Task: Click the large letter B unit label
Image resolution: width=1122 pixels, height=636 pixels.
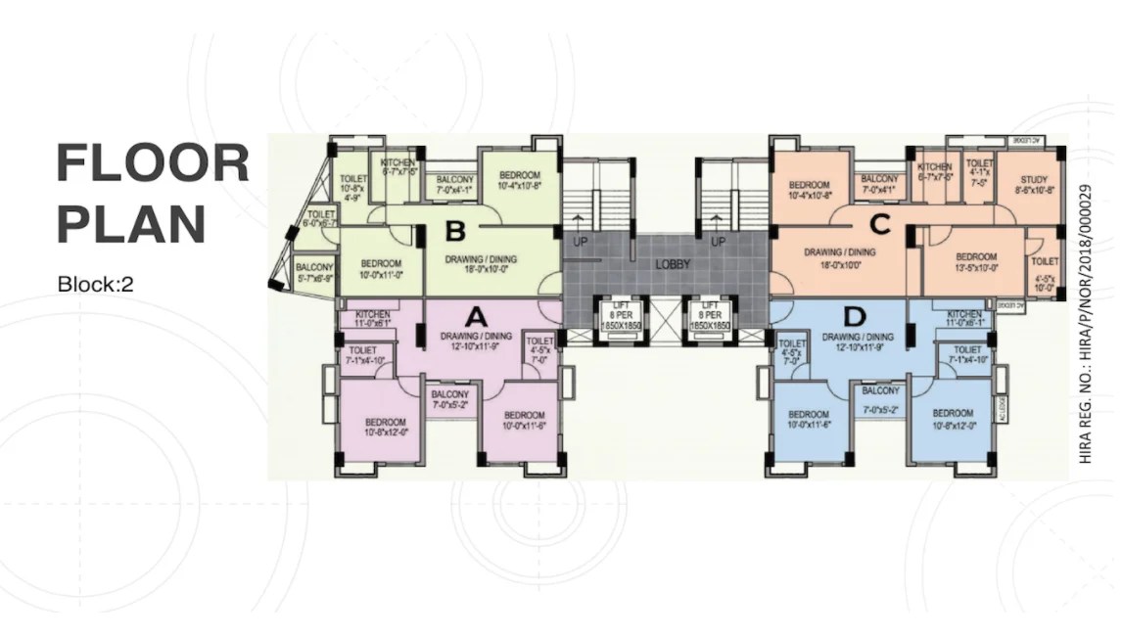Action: coord(455,232)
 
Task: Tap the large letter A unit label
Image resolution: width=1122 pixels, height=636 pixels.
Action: coord(475,316)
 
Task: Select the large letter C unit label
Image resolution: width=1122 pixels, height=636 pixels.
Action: coord(879,225)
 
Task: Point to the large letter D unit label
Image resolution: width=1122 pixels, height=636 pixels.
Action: coord(855,316)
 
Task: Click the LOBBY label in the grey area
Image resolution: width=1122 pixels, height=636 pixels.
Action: coord(674,264)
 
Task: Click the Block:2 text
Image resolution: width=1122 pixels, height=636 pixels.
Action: coord(95,286)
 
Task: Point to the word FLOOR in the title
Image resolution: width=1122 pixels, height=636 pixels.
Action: coord(153,163)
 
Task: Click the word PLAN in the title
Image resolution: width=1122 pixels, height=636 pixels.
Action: coord(130,223)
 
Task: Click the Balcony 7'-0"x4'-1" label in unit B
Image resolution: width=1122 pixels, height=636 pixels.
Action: coord(454,185)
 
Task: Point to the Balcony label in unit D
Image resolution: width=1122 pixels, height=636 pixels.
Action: coord(879,395)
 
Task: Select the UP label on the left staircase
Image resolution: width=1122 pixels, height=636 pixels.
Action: coord(580,242)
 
